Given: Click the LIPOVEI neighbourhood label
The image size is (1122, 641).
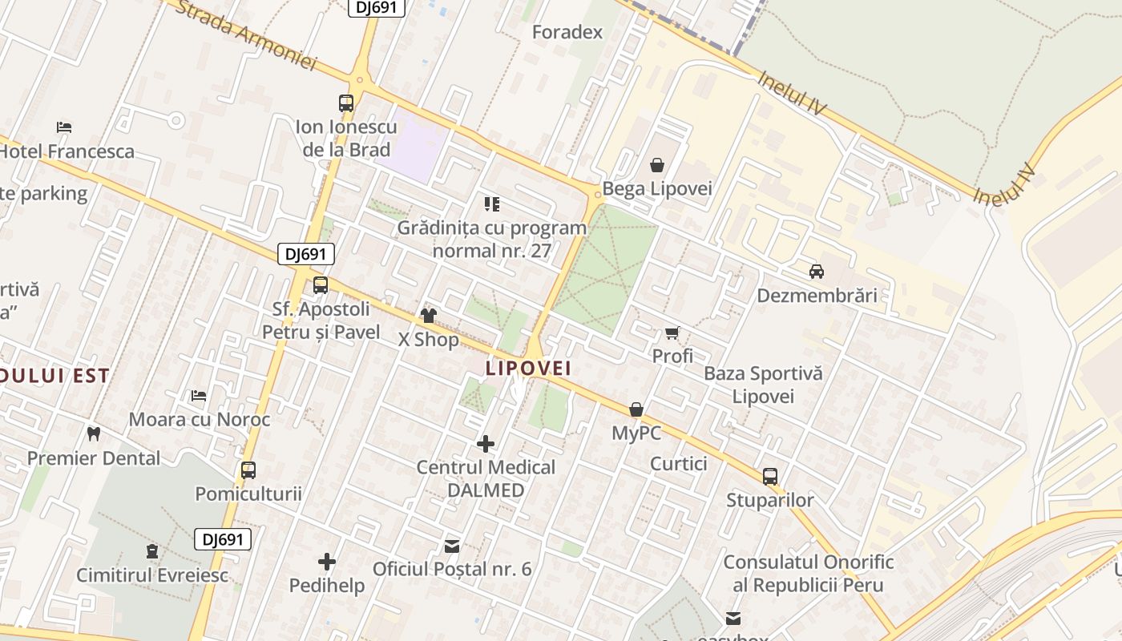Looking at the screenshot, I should [528, 368].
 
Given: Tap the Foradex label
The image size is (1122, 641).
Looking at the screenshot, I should [567, 32].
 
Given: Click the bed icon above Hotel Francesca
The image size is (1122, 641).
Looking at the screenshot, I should [64, 127].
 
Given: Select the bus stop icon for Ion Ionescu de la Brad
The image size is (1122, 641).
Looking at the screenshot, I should [346, 103].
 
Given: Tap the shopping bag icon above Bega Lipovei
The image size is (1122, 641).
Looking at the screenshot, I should [657, 166].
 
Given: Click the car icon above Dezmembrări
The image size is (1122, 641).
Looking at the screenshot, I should [817, 271].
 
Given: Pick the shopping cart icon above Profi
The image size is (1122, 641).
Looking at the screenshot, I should [672, 333].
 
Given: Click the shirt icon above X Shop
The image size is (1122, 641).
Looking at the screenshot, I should [429, 316].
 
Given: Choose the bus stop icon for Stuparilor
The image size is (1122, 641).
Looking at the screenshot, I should [770, 477].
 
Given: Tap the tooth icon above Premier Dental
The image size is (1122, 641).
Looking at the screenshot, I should [94, 434].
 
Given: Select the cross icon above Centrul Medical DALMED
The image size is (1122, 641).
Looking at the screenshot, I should [486, 443].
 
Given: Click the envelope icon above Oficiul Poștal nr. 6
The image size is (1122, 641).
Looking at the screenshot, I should [452, 546].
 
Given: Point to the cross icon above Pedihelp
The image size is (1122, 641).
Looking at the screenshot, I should [327, 562].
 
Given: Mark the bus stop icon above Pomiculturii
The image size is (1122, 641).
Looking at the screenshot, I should [248, 470].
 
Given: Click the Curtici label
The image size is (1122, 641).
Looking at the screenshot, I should [679, 463].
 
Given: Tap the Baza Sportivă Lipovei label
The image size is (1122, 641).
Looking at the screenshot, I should [763, 385].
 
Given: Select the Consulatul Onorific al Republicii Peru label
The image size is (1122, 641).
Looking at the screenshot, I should [809, 574].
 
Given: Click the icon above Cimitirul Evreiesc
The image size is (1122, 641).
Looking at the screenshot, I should [152, 551].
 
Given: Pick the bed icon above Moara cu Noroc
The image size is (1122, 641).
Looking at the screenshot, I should [199, 396].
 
